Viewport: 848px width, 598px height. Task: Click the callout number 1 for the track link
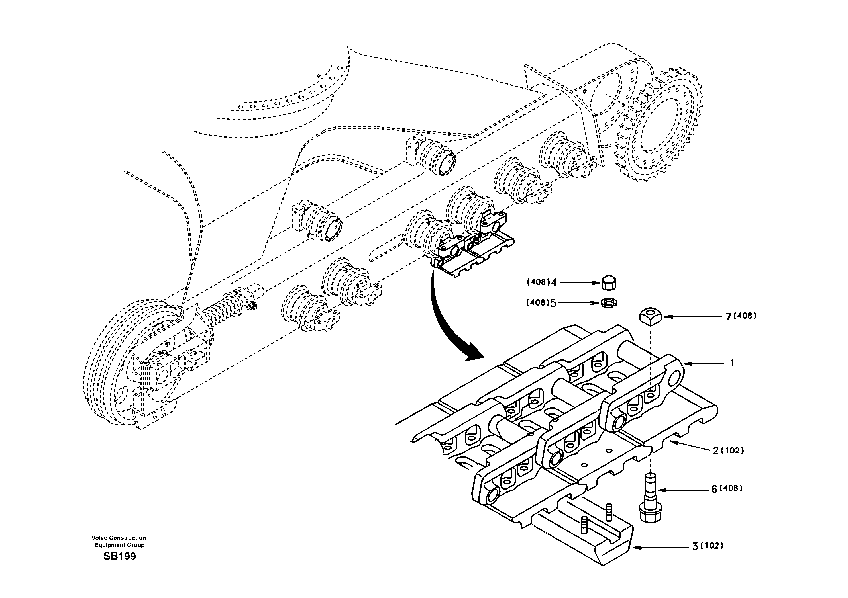732,363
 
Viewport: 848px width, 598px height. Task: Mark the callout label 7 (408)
741,316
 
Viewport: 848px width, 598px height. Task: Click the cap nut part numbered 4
609,283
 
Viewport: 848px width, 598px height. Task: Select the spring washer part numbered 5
609,303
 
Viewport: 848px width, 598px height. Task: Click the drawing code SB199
120,556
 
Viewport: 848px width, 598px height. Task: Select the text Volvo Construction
119,538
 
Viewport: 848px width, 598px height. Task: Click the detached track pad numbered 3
584,532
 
